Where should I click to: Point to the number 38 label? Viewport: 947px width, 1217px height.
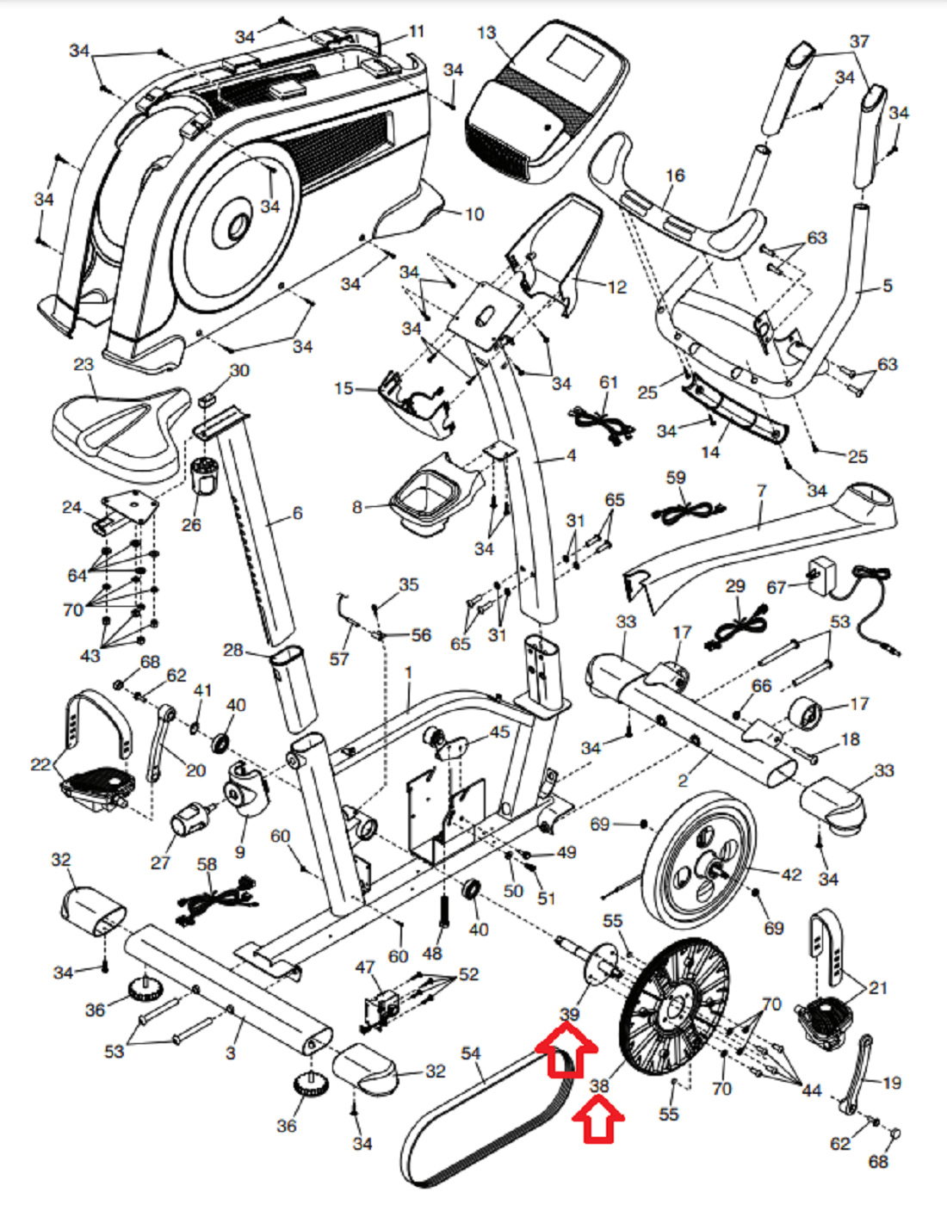click(x=599, y=1086)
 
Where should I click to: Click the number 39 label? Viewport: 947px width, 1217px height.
click(x=569, y=1015)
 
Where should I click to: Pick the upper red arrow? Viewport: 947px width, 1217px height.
click(x=566, y=1054)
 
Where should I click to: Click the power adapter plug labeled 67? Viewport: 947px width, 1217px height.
click(x=822, y=572)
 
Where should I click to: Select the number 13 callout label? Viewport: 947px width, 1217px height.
click(x=486, y=34)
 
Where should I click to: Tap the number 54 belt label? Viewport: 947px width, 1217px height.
click(x=471, y=1053)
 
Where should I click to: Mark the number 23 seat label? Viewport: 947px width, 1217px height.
click(x=83, y=364)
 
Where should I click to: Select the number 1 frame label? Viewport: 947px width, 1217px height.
click(x=408, y=672)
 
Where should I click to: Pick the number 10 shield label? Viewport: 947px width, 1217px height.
click(x=474, y=213)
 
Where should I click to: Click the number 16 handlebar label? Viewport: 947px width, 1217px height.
click(x=675, y=176)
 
